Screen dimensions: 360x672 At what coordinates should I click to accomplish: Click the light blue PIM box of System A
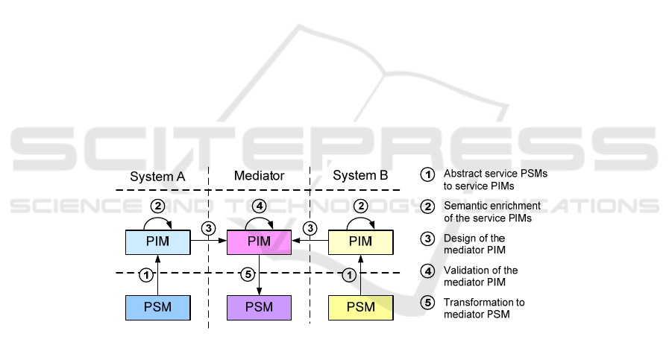click(x=157, y=241)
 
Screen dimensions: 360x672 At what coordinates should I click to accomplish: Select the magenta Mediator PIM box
click(x=259, y=241)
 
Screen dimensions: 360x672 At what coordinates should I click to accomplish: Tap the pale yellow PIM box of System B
click(x=361, y=241)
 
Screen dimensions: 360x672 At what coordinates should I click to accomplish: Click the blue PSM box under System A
click(x=157, y=307)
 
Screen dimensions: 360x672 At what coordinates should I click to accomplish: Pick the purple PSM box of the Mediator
click(x=259, y=307)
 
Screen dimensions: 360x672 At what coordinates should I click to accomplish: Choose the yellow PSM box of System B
click(x=361, y=307)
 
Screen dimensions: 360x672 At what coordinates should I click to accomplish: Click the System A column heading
click(x=157, y=176)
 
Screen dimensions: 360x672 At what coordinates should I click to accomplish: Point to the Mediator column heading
click(x=259, y=176)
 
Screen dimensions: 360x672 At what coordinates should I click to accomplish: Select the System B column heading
click(x=360, y=176)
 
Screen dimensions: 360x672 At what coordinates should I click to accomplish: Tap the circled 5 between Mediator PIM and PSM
click(x=251, y=275)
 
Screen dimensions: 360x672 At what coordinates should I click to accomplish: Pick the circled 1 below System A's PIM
click(x=147, y=275)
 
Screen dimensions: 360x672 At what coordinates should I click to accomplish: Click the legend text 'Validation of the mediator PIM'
click(x=480, y=276)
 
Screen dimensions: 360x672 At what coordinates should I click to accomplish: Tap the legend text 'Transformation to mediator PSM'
click(x=484, y=308)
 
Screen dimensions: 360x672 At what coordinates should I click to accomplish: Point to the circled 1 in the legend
click(x=427, y=174)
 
